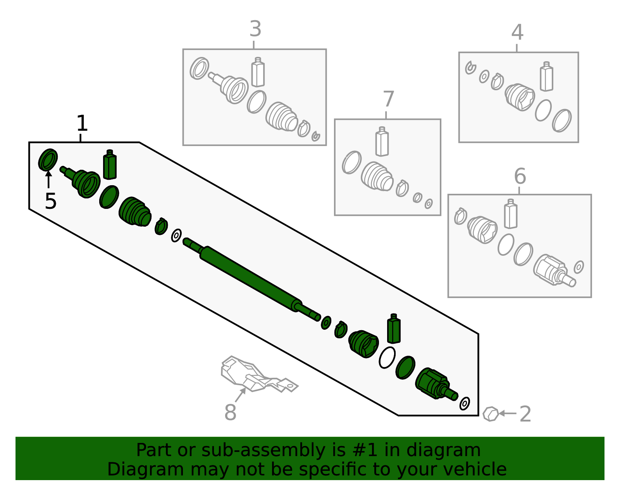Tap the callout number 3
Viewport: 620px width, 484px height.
pos(255,29)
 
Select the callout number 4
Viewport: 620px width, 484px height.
pos(517,32)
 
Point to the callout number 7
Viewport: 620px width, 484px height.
pos(388,99)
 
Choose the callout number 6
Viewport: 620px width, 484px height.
pos(520,176)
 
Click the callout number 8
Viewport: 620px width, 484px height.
pos(230,412)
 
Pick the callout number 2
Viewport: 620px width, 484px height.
pos(525,414)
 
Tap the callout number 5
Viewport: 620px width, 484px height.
pos(50,201)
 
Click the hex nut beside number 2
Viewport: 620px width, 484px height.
pos(491,414)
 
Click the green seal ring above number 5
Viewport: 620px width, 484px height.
pos(48,160)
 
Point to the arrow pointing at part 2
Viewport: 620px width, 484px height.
pos(508,413)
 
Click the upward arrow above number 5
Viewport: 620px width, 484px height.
pos(48,179)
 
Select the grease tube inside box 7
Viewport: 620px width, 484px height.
pos(382,141)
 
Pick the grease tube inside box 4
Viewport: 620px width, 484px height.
pos(546,76)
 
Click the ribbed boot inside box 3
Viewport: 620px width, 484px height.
pos(282,117)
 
